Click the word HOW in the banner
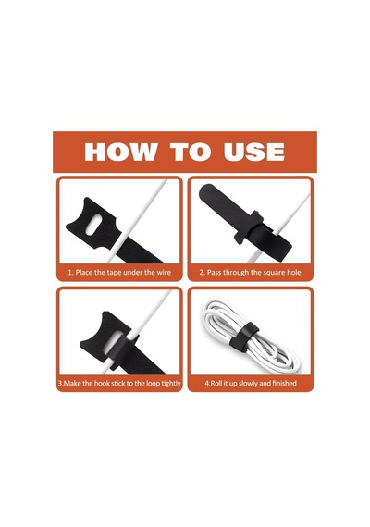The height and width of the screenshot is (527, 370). (120, 152)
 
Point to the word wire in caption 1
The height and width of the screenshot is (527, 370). (164, 272)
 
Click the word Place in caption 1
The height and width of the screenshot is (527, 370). (84, 272)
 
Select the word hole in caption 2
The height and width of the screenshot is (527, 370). (293, 272)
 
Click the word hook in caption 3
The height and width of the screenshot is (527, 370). (102, 384)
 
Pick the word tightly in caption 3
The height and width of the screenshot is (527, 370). (171, 384)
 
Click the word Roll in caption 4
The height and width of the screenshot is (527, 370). (217, 383)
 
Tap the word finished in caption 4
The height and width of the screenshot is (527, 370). (284, 383)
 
